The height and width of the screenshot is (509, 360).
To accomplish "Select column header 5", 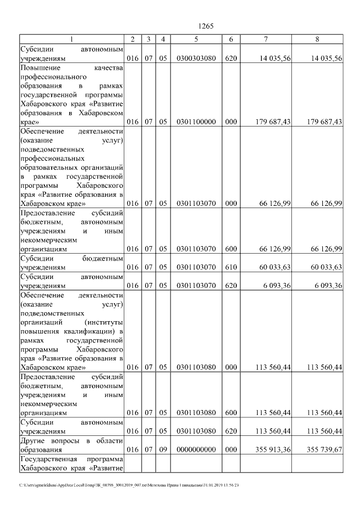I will (196, 39).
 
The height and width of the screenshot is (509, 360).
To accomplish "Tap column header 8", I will (318, 39).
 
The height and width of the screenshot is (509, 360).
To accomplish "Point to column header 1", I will (71, 39).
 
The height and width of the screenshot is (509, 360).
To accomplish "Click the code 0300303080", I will (196, 58).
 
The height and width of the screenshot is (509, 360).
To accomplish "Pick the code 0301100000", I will (196, 121).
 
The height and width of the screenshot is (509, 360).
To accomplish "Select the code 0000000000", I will (196, 449).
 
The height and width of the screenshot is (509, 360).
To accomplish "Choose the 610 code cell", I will (231, 267).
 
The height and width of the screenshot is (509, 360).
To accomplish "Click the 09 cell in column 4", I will (163, 449).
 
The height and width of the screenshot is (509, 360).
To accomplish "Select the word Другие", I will (33, 440).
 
